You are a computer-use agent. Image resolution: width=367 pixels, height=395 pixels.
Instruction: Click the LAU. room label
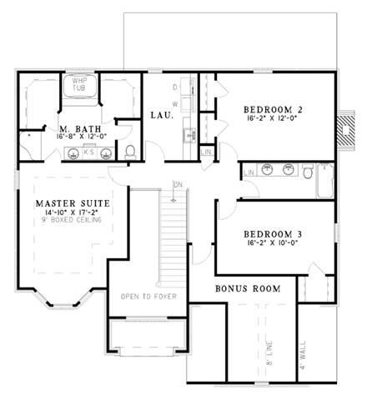click(161, 115)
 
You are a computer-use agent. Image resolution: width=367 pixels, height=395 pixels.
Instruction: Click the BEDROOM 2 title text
click(272, 109)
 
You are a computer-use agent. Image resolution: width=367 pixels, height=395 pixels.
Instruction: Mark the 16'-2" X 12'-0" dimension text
click(272, 120)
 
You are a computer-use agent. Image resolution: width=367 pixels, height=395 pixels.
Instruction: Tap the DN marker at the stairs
click(176, 185)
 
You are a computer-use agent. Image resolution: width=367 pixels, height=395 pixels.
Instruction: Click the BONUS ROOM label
click(247, 288)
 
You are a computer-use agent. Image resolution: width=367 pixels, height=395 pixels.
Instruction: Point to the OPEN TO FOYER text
click(145, 297)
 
